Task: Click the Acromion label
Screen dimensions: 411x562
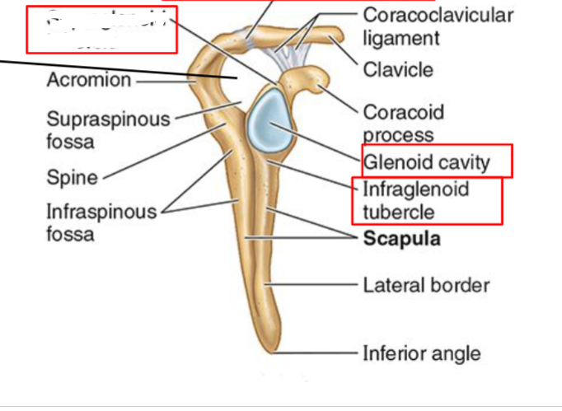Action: coord(88,81)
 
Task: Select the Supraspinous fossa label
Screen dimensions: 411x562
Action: coord(108,130)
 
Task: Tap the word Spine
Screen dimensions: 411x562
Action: coord(72,177)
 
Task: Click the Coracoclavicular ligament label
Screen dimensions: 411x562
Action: coord(437,26)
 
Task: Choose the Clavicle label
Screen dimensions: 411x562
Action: coord(398,70)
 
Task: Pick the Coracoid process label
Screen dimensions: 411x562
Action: coord(403,123)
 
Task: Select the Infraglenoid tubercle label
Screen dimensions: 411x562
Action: coord(415,200)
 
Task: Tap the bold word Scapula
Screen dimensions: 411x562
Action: coord(401,239)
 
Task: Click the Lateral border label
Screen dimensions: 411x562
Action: coord(426,285)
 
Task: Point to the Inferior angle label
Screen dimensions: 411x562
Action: coord(421,353)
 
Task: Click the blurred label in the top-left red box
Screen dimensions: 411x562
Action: coord(101,29)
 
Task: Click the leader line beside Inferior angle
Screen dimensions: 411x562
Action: coord(325,352)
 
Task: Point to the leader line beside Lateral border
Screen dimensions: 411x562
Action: coord(317,285)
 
